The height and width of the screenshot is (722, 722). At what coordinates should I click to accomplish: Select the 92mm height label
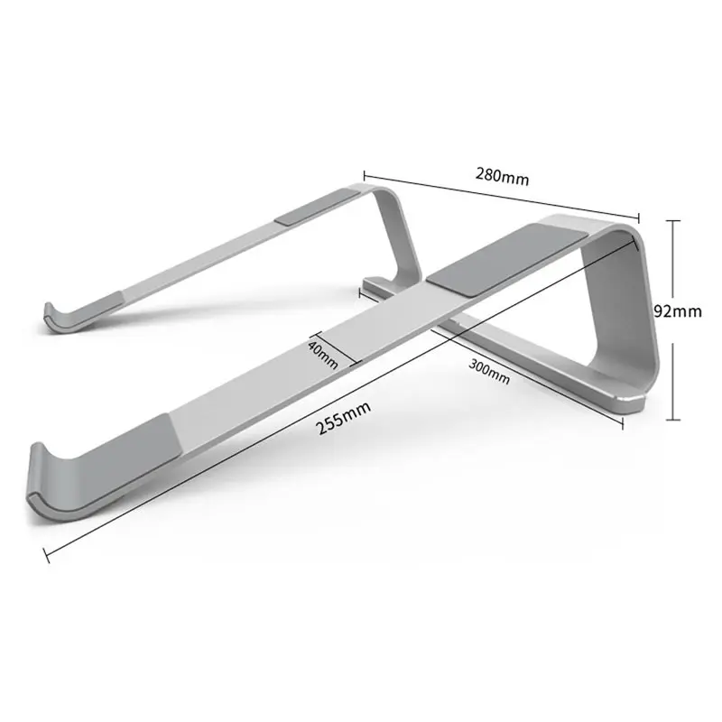pos(678,312)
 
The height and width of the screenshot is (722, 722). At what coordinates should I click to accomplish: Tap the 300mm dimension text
pos(489,371)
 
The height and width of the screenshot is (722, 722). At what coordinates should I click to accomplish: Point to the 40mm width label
pos(322,353)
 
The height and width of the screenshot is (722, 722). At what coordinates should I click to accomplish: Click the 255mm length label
pos(344,420)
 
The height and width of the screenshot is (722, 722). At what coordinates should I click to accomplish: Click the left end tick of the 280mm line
pos(364,171)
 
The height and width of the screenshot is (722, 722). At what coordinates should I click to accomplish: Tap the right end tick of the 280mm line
pos(639,217)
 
